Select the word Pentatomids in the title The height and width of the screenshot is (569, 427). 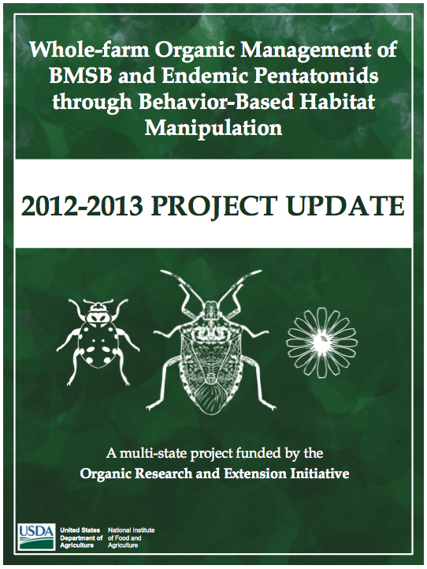[313, 76]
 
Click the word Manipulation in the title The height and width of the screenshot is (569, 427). [213, 128]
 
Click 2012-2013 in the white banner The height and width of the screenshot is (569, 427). [81, 206]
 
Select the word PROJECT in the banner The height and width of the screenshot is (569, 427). [213, 206]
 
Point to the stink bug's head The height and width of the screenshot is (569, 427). [211, 309]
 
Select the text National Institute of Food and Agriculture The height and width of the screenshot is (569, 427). [131, 537]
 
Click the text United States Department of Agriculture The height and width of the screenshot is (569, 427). [81, 537]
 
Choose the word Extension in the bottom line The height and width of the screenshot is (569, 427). [254, 474]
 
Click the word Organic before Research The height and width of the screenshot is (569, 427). [102, 474]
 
